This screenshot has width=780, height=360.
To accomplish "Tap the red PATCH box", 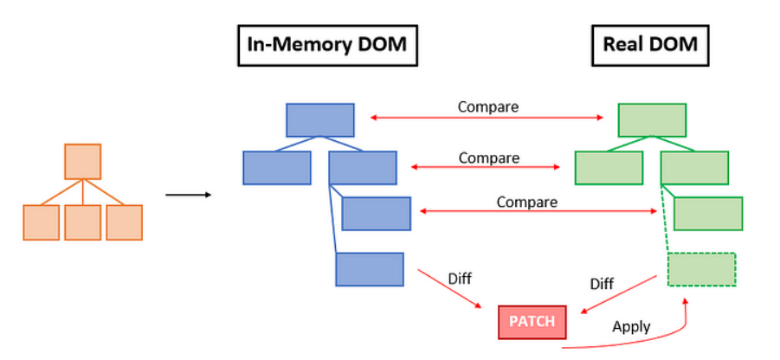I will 532,322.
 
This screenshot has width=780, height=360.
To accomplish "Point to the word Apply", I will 631,328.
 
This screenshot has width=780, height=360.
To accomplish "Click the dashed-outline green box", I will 702,269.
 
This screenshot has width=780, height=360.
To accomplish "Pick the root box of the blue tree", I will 320,119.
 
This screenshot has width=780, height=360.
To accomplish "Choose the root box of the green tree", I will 653,119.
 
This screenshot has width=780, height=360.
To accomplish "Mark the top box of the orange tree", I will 83,162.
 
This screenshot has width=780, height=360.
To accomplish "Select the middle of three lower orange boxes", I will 83,222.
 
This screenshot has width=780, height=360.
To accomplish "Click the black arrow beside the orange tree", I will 189,195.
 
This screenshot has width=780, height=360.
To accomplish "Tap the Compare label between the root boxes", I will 488,107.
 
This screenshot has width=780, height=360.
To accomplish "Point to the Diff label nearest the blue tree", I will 460,279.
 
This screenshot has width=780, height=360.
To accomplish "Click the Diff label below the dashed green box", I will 602,284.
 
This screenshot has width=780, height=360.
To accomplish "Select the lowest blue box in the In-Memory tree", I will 370,269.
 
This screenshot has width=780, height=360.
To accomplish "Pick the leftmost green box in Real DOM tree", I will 609,168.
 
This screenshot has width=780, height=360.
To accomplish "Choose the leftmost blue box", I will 277,168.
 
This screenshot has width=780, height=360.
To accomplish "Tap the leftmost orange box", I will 41,222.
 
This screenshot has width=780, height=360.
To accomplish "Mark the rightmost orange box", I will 124,222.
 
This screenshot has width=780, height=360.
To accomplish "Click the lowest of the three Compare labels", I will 526,202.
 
